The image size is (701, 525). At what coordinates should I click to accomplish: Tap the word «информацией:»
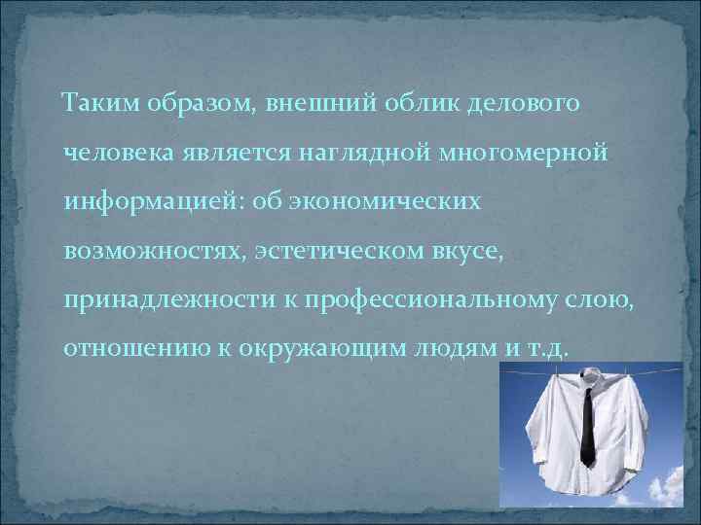[153, 202]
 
